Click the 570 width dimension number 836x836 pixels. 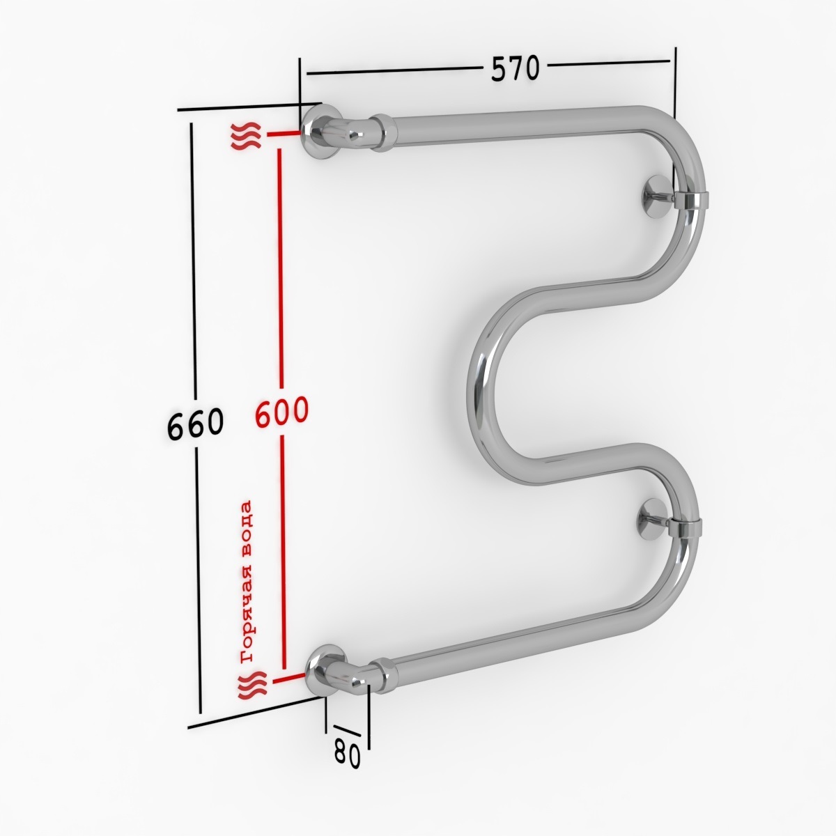[515, 68]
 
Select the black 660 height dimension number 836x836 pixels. [195, 423]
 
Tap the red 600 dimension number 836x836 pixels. [282, 411]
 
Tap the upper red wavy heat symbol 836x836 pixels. [246, 136]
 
